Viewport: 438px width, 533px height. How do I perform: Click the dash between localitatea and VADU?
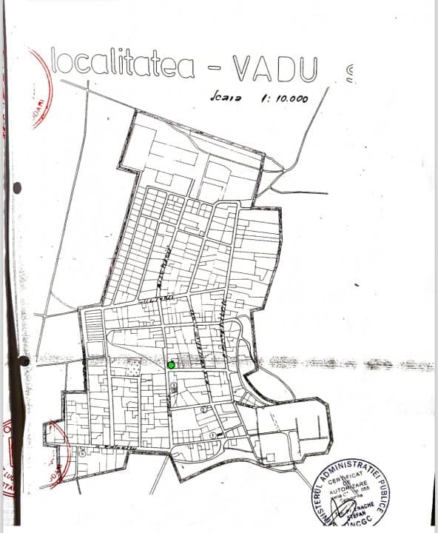tap(214, 70)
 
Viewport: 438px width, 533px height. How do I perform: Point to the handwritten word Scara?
tap(223, 97)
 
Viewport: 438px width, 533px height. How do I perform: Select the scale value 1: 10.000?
tap(284, 98)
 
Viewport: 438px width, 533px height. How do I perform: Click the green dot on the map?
tap(171, 364)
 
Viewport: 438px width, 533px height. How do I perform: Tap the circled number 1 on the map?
tap(214, 435)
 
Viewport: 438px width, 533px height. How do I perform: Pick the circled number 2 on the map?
tap(203, 409)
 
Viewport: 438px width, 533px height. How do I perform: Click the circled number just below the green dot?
tap(173, 384)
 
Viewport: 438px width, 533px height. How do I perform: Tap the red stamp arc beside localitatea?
tap(41, 89)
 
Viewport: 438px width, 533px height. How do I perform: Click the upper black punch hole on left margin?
tap(17, 188)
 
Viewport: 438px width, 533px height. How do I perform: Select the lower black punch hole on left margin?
tap(24, 361)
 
